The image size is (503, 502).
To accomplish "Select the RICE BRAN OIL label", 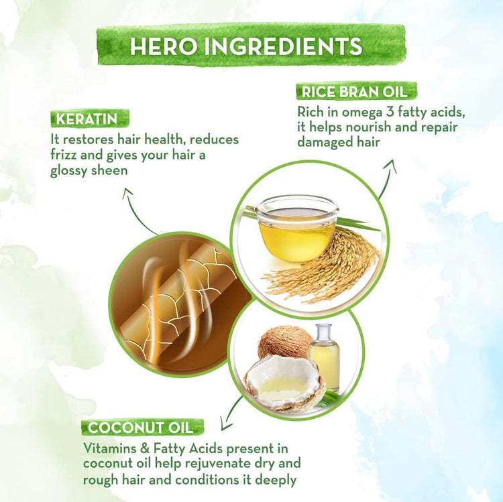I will point(357,90).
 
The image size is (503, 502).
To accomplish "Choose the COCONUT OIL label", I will point(142,427).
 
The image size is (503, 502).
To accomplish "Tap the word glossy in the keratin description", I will point(72,170).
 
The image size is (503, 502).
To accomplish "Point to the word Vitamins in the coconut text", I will point(108,448).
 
